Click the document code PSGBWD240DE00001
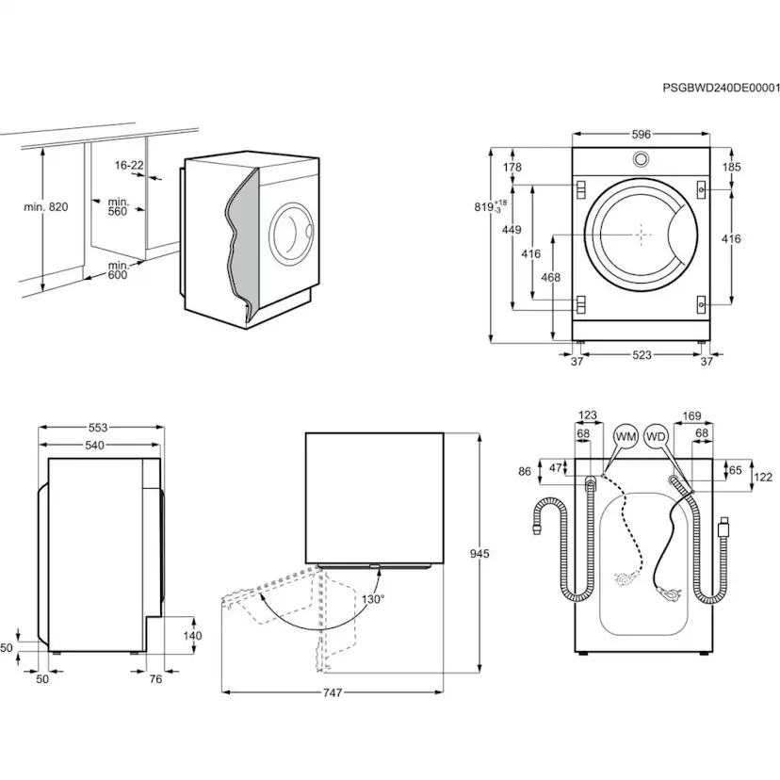point(721,88)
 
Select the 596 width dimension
point(641,135)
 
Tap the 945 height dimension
point(479,554)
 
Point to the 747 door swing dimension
point(331,692)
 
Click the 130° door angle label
point(371,598)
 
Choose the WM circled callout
point(626,437)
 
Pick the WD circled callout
point(657,437)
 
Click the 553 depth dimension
point(98,428)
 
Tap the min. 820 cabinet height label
point(45,206)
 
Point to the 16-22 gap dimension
point(129,165)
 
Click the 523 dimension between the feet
point(641,355)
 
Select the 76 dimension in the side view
point(155,677)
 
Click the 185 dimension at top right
point(731,167)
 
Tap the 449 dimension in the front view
point(512,229)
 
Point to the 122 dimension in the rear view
point(762,478)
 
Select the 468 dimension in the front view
point(551,277)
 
